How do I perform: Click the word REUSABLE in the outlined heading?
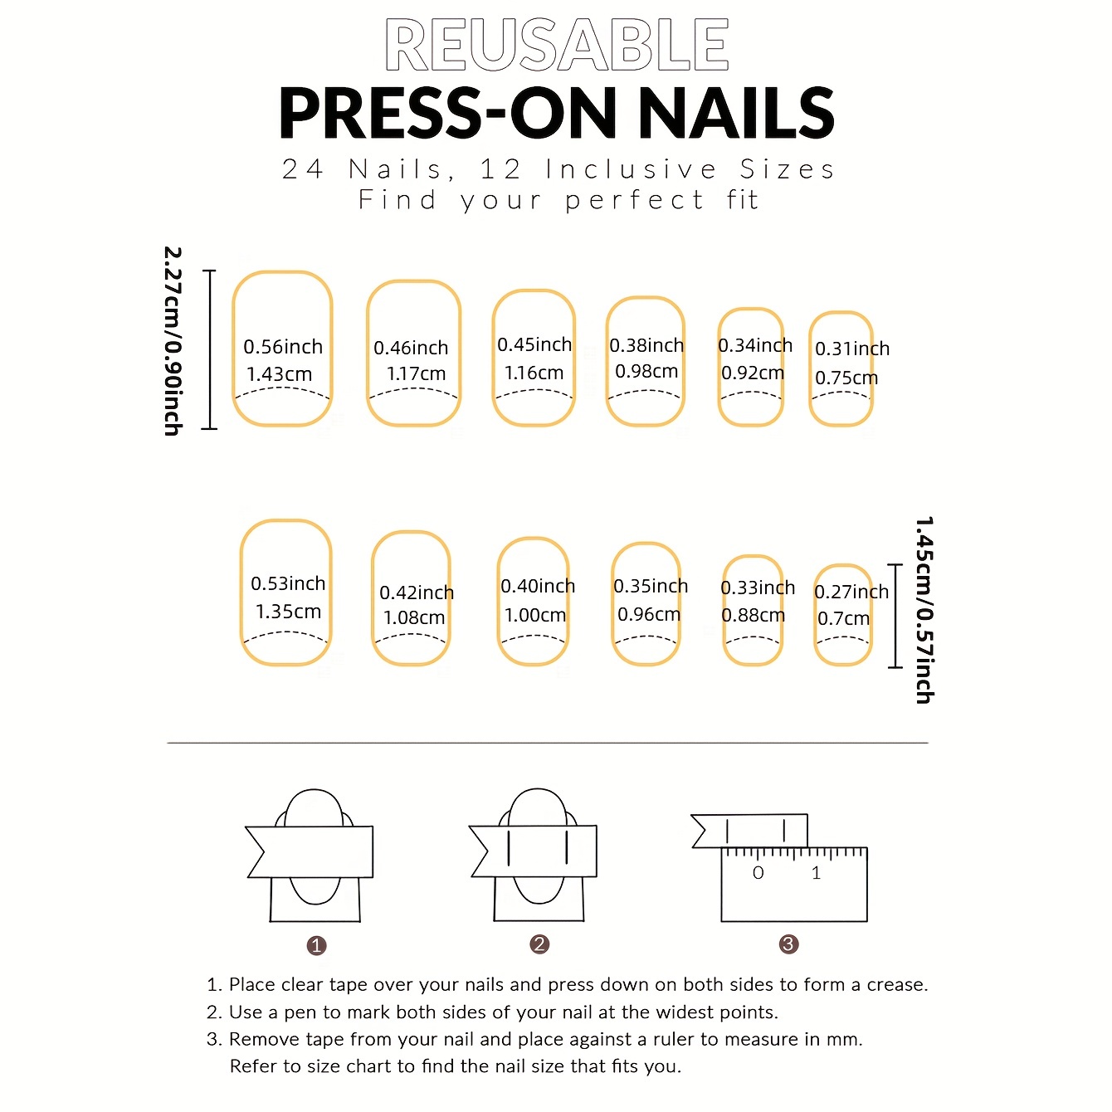[x=557, y=45]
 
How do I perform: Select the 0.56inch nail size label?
[x=283, y=347]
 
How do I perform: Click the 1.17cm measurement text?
[x=416, y=374]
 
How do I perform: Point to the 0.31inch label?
[x=852, y=349]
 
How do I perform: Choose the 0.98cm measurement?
[x=646, y=371]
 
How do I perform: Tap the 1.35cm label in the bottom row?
[x=289, y=611]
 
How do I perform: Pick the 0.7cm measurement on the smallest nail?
[x=843, y=618]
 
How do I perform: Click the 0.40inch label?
[x=538, y=586]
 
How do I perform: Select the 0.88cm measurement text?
[x=753, y=615]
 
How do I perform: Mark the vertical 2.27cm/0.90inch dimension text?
[x=173, y=341]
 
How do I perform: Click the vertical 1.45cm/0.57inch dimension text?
[x=924, y=610]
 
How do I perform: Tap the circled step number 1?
[x=316, y=945]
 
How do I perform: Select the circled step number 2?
[x=539, y=944]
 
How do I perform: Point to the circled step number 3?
[x=789, y=944]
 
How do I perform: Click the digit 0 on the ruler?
[x=758, y=872]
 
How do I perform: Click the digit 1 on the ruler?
[x=816, y=872]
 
